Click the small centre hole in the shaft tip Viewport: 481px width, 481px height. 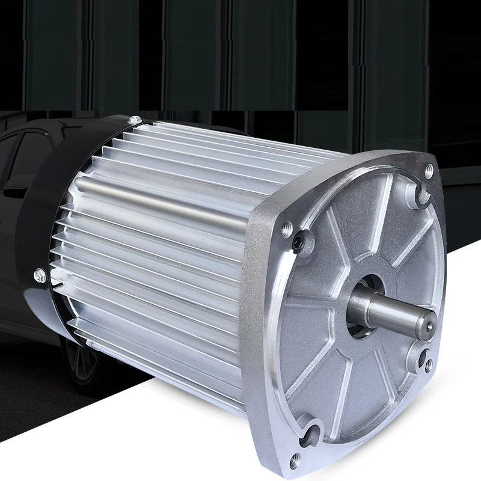(x=431, y=325)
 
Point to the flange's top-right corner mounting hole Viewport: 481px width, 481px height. (x=428, y=171)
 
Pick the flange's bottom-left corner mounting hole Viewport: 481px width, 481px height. (x=295, y=462)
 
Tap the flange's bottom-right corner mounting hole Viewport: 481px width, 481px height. (x=428, y=364)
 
